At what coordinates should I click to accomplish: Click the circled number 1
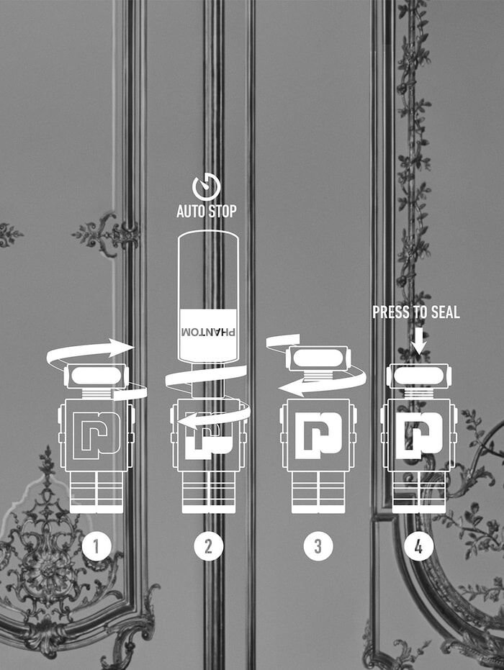pos(96,545)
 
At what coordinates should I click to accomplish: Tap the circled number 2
pos(208,545)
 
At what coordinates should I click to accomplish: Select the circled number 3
pos(318,545)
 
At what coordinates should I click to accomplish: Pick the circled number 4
pos(418,545)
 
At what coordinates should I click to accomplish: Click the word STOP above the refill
pos(222,211)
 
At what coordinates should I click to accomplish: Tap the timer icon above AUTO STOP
pos(207,188)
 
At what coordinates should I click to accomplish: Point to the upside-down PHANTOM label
pos(208,332)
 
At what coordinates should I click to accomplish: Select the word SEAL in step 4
pos(445,312)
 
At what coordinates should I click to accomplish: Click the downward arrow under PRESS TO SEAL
pos(419,341)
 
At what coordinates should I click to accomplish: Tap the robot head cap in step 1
pos(96,376)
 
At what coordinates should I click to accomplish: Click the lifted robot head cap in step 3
pos(318,358)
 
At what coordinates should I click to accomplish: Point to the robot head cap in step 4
pos(419,376)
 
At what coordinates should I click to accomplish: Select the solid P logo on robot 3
pos(318,436)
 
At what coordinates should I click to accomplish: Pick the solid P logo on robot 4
pos(419,436)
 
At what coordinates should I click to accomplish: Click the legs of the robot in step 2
pos(209,492)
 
